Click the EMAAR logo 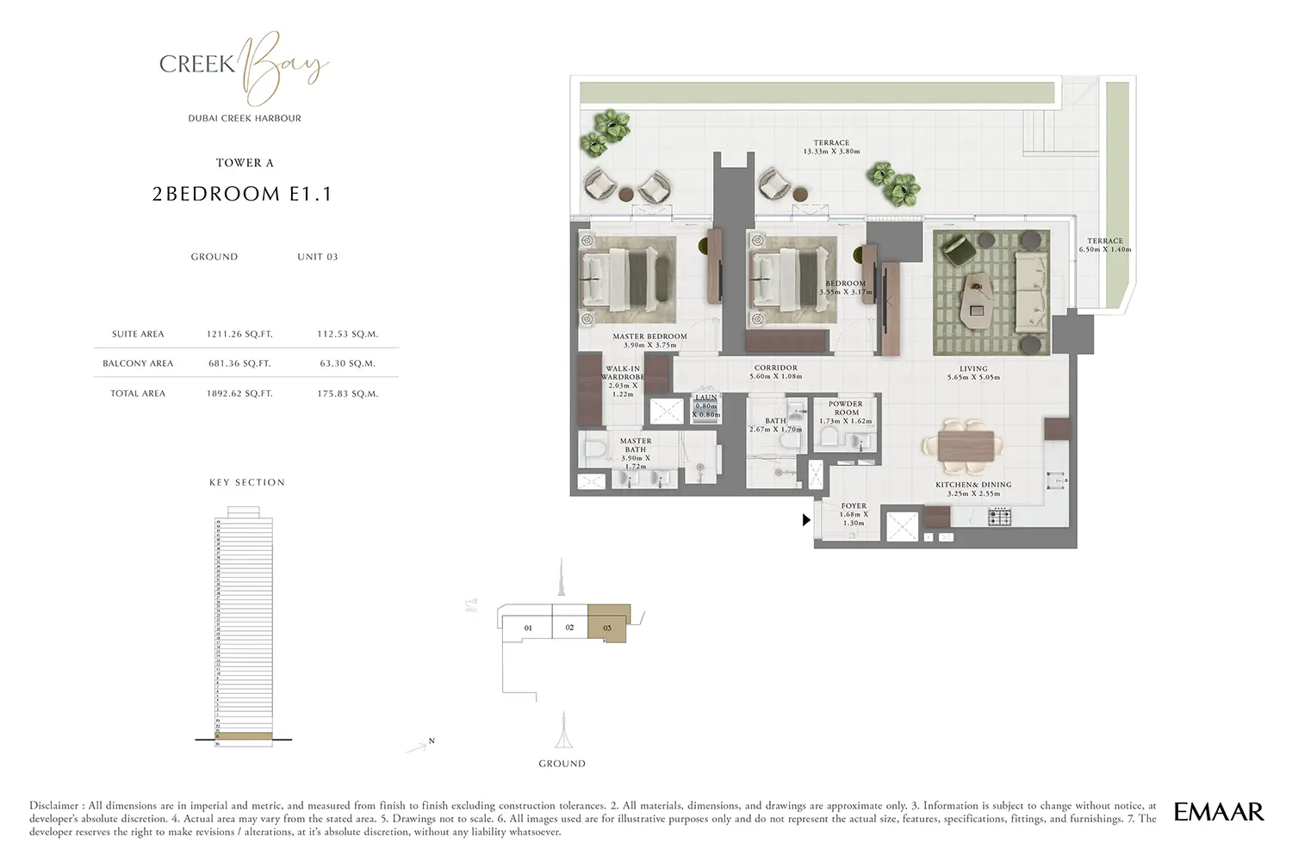[1219, 811]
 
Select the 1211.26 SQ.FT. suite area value [239, 334]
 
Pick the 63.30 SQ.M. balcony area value [347, 363]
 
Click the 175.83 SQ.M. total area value [347, 393]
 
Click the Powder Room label [845, 408]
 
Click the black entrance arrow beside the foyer [806, 520]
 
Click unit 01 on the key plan [528, 629]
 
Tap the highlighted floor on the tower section [243, 736]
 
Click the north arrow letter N [432, 740]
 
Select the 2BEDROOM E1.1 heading [242, 194]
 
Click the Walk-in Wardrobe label [623, 373]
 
